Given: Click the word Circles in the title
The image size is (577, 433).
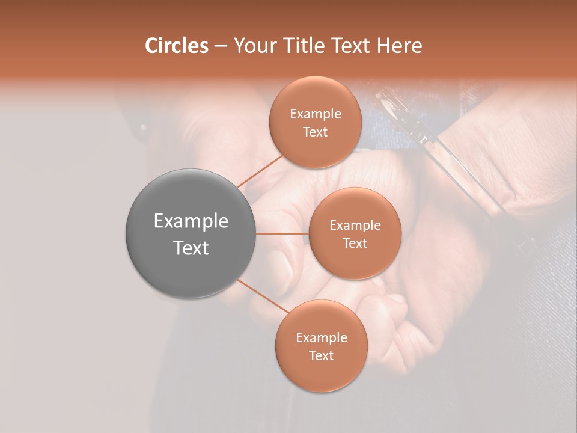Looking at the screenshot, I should click(176, 46).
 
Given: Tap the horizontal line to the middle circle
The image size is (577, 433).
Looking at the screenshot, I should click(282, 233).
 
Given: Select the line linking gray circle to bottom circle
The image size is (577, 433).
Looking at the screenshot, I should click(263, 296).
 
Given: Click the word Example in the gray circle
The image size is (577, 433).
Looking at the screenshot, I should click(191, 221).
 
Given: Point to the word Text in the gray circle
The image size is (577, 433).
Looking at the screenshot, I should click(191, 248).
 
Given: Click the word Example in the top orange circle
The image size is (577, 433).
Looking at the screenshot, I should click(315, 114).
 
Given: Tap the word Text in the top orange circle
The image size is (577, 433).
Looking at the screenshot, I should click(315, 132).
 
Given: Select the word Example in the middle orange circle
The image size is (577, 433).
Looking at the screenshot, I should click(355, 226).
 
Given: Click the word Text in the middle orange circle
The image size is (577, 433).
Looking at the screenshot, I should click(355, 243).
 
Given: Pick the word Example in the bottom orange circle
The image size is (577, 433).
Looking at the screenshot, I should click(321, 338).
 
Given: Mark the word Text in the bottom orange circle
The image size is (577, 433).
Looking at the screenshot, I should click(321, 355).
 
